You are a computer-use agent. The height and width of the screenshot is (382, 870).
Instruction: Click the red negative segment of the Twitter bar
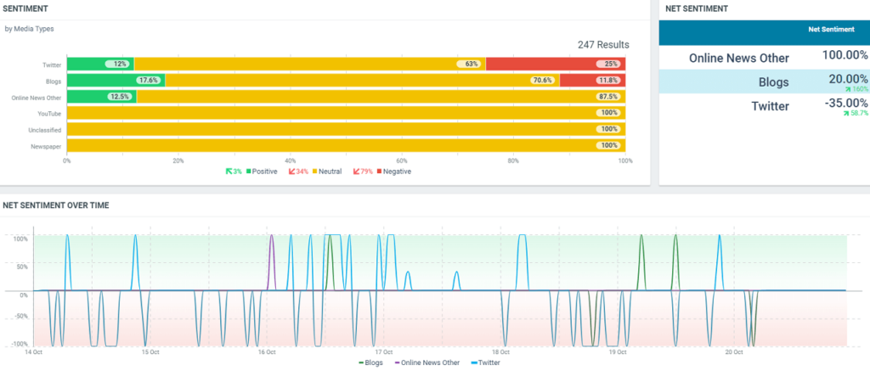tap(556, 64)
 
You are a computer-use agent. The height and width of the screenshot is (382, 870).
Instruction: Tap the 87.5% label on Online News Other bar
tap(608, 97)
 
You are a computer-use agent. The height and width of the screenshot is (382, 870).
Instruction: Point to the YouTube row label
tap(49, 113)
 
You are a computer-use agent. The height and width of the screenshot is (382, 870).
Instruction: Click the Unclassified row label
tap(46, 129)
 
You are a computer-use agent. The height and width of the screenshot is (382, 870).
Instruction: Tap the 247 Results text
tap(603, 44)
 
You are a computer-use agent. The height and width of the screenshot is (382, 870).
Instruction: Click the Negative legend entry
tap(397, 171)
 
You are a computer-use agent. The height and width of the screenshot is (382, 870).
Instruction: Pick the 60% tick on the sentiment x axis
tap(402, 160)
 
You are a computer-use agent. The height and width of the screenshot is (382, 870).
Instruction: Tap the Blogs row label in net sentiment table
tap(774, 82)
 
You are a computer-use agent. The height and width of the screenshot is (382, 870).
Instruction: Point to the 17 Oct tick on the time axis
tap(384, 352)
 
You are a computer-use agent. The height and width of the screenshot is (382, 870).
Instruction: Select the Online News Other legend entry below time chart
tap(428, 362)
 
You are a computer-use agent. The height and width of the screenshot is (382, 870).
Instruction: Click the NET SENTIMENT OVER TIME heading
tap(56, 205)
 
